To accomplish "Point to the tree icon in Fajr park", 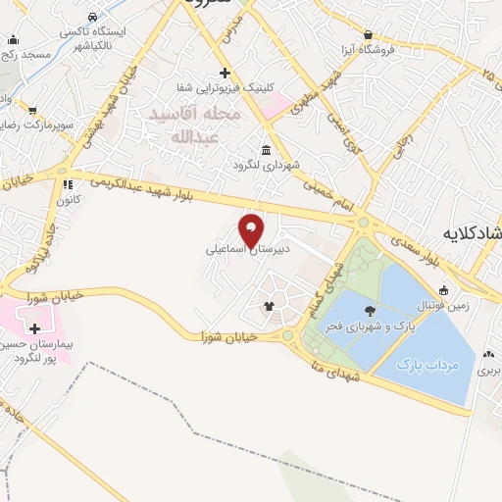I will point(369,309).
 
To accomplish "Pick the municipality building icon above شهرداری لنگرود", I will point(267,149).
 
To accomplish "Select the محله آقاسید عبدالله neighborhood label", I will point(194,125).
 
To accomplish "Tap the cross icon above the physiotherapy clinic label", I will point(225,73).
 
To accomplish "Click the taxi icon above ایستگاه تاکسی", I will point(91,17).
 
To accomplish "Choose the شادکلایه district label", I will point(475,233).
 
